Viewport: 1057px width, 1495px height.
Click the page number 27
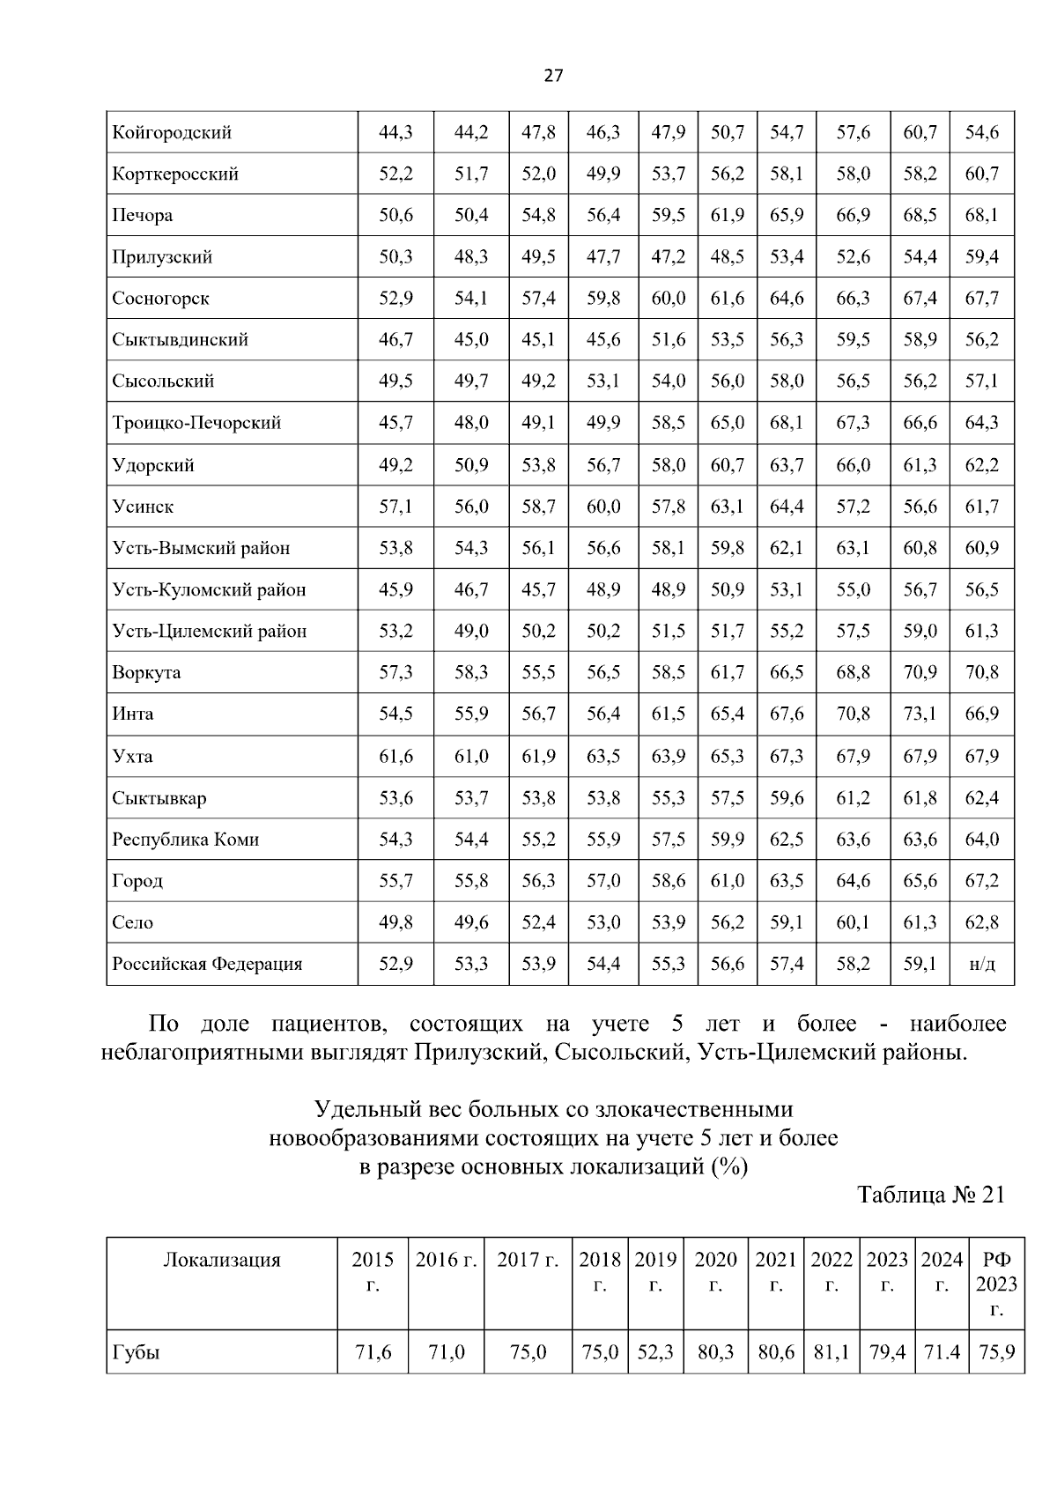pyautogui.click(x=552, y=76)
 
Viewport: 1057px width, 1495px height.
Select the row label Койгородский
pyautogui.click(x=172, y=133)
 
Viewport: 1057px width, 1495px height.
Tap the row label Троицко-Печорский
pyautogui.click(x=196, y=423)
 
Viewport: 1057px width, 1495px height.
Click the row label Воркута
pyautogui.click(x=146, y=673)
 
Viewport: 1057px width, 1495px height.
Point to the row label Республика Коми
pyautogui.click(x=185, y=840)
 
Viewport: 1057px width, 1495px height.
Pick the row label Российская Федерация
pyautogui.click(x=207, y=964)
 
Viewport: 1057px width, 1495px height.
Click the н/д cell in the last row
pyautogui.click(x=981, y=964)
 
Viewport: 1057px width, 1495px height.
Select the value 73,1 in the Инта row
pyautogui.click(x=920, y=714)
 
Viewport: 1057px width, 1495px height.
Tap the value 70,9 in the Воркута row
pyautogui.click(x=920, y=673)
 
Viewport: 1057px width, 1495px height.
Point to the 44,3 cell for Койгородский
pyautogui.click(x=395, y=133)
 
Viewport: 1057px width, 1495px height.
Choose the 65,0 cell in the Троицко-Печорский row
pyautogui.click(x=728, y=423)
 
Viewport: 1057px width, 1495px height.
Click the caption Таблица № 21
pyautogui.click(x=930, y=1195)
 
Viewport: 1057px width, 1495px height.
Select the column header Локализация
pyautogui.click(x=222, y=1260)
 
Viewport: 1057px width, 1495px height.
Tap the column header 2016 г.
pyautogui.click(x=446, y=1260)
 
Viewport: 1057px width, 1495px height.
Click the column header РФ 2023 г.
pyautogui.click(x=996, y=1284)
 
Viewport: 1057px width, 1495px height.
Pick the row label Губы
pyautogui.click(x=136, y=1352)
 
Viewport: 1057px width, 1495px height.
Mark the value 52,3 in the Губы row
pyautogui.click(x=655, y=1352)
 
